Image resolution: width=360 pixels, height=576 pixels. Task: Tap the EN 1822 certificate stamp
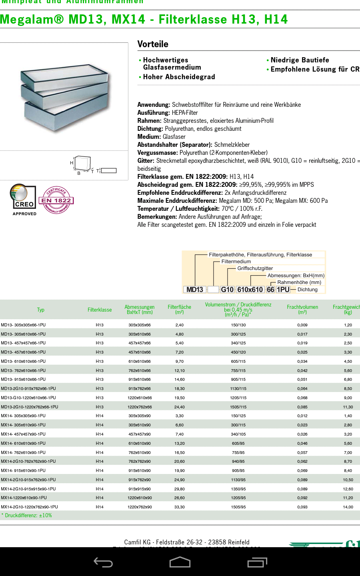tap(56, 200)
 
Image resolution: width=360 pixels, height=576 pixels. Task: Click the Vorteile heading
tap(153, 44)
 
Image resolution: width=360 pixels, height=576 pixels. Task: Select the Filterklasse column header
tap(100, 310)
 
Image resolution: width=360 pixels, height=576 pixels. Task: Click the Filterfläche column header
tap(179, 309)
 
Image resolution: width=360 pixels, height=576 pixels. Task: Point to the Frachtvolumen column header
tap(302, 309)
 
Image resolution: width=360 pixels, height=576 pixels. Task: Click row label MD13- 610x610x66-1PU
tap(23, 361)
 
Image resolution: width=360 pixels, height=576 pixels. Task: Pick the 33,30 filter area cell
tap(179, 507)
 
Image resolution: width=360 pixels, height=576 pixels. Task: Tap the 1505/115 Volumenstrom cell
tap(238, 407)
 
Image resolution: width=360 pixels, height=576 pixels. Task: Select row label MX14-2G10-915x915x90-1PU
tap(28, 489)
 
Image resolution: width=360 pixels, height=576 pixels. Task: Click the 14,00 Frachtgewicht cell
tap(348, 507)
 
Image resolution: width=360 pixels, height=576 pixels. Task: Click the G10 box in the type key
tap(227, 290)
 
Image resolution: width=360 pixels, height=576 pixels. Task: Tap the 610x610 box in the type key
tap(250, 290)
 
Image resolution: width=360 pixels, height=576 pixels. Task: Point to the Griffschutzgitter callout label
tap(255, 268)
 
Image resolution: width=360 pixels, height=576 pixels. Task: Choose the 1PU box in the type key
tap(283, 290)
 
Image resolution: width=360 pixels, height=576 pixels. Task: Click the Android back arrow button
tap(103, 562)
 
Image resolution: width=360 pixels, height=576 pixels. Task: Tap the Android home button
tap(180, 562)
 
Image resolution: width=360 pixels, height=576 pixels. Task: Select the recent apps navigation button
tap(257, 562)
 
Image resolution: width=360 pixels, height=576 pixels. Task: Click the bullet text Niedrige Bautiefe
tap(300, 60)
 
